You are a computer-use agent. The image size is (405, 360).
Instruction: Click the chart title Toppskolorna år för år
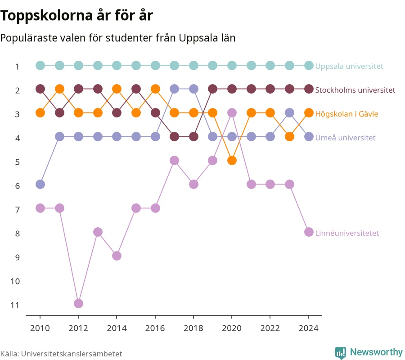pos(76,15)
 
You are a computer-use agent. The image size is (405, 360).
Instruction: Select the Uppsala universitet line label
pos(349,66)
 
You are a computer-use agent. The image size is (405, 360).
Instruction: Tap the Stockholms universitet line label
pos(355,90)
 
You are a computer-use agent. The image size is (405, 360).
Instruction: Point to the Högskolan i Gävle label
pos(346,114)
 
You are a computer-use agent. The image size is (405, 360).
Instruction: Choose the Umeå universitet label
pos(345,138)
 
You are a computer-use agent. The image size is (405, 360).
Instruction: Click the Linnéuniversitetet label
pos(347,233)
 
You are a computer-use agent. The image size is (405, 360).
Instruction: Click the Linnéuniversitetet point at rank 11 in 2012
pos(78,303)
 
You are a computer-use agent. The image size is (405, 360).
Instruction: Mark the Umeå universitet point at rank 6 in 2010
pos(40,184)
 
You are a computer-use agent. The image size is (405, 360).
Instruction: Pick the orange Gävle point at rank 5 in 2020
pos(232,161)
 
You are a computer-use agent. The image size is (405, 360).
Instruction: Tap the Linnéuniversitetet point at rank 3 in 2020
pos(232,113)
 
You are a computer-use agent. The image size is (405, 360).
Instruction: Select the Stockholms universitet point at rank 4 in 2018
pos(193,137)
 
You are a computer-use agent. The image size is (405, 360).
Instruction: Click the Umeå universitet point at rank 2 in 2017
pos(174,89)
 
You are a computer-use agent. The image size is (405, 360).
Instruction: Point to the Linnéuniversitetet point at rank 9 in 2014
pos(117,256)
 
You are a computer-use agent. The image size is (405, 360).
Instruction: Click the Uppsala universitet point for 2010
pos(40,66)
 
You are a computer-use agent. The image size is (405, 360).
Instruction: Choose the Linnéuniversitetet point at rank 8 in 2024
pos(309,232)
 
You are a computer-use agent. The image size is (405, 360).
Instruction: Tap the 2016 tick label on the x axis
pos(155,328)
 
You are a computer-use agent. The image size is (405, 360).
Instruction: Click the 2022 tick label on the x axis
pos(270,328)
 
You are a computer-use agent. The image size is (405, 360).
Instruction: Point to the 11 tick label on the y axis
pos(15,305)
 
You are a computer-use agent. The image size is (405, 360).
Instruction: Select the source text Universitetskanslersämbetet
pos(72,354)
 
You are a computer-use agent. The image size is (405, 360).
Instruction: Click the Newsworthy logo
pos(369,352)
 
